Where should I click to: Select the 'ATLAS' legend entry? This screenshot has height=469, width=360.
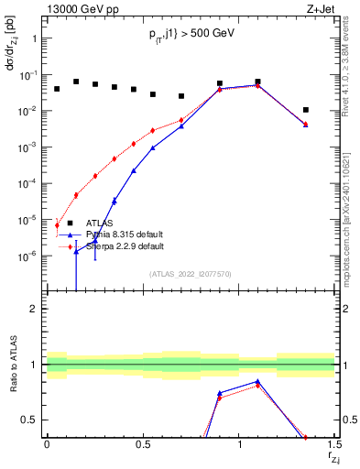point(101,223)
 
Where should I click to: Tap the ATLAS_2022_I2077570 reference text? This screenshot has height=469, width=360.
point(191,274)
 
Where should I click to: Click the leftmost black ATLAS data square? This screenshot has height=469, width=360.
point(57,89)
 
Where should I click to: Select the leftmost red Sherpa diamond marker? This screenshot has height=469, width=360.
point(57,224)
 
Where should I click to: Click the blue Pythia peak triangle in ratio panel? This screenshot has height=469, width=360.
point(257,382)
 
